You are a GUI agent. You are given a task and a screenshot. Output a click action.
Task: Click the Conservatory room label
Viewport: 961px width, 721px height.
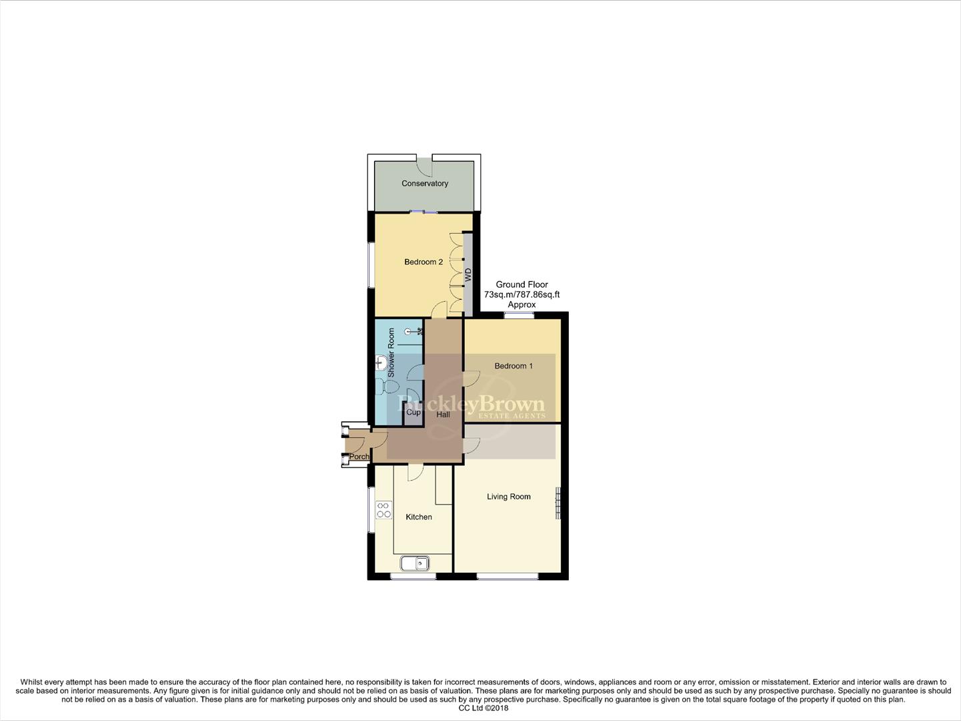[x=424, y=184]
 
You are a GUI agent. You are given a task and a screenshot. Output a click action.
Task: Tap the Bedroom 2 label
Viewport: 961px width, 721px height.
[x=423, y=262]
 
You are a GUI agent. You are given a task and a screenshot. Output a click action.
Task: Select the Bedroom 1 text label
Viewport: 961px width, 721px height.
[x=513, y=366]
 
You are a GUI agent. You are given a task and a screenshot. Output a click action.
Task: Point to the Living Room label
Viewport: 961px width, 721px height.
[x=508, y=497]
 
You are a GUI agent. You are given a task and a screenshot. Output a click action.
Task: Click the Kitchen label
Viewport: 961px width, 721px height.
[x=419, y=517]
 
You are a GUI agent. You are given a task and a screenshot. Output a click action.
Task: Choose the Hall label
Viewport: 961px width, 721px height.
[x=443, y=415]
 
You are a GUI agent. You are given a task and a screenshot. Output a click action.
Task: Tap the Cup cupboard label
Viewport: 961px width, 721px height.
[x=413, y=413]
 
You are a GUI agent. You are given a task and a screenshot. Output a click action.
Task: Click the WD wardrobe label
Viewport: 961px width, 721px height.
[x=468, y=274]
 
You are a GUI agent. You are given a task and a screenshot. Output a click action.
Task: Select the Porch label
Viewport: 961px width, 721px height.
[x=359, y=457]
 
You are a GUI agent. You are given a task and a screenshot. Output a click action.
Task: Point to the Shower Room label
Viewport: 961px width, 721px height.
[x=391, y=352]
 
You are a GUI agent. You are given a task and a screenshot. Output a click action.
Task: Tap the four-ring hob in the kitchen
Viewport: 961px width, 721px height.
[x=383, y=510]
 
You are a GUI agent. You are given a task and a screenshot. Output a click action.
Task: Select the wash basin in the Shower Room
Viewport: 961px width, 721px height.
[x=381, y=363]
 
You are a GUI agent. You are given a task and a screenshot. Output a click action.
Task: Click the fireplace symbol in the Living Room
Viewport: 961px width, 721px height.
[x=558, y=503]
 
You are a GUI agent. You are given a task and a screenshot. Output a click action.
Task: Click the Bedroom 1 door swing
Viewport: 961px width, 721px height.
[x=471, y=378]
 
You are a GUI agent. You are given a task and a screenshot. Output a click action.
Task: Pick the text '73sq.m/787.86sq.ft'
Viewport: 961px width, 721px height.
[x=522, y=294]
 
